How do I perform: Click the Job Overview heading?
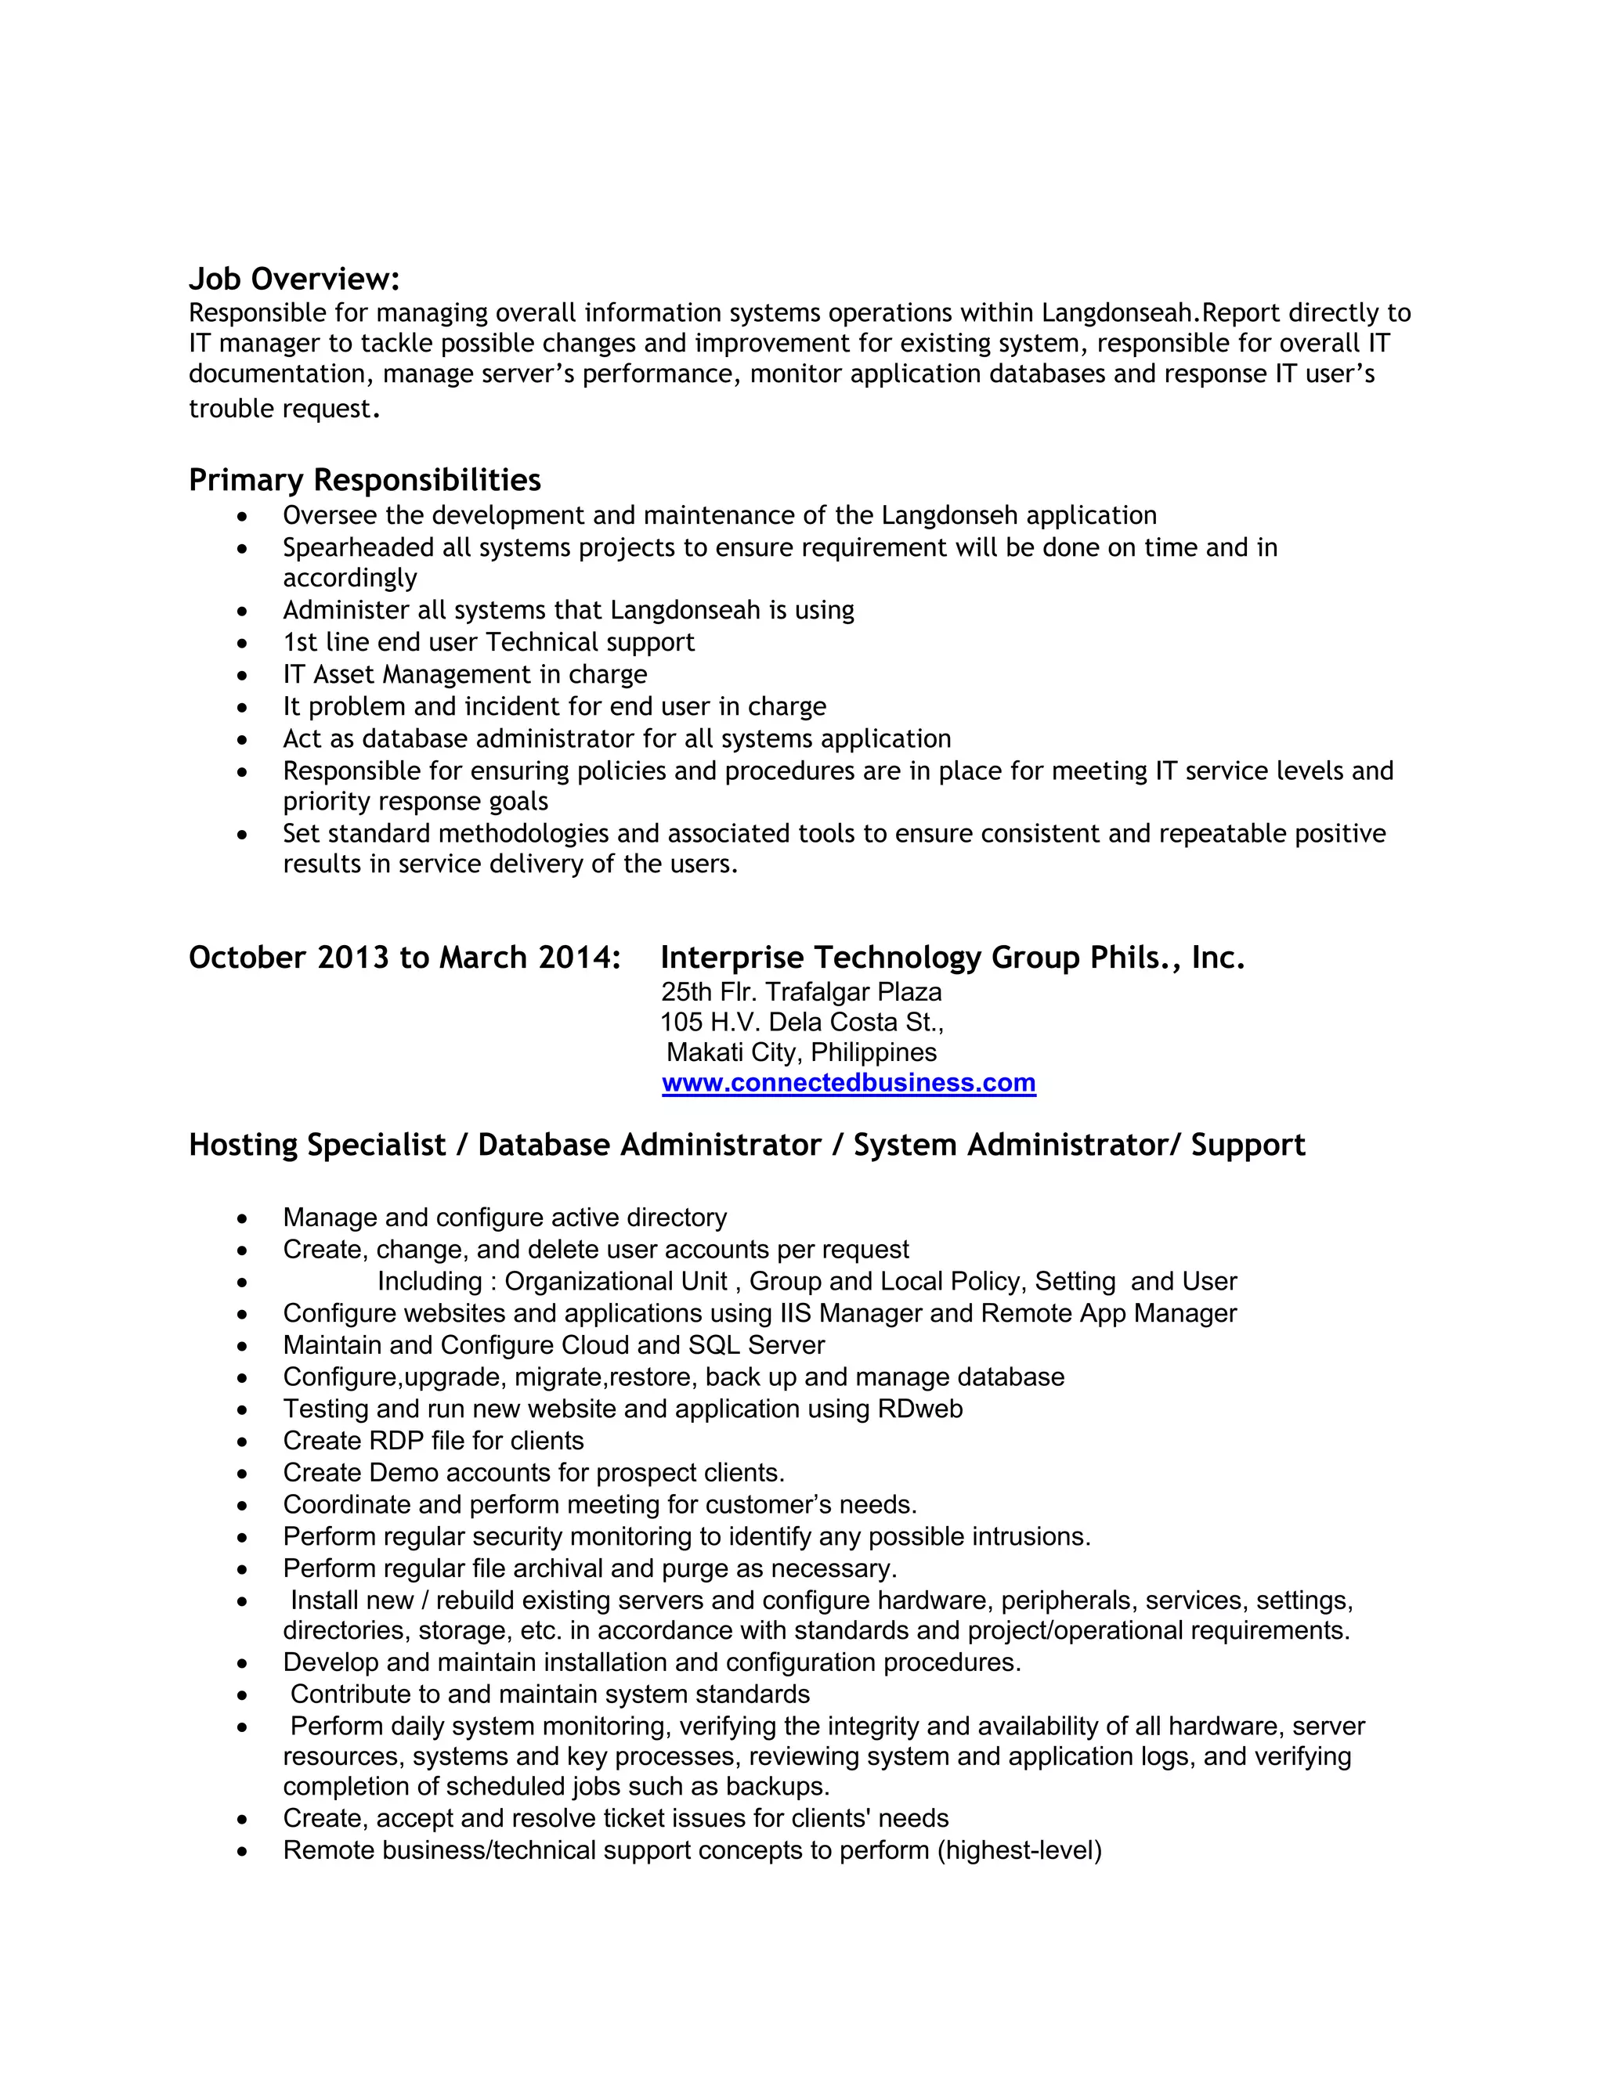click(x=294, y=280)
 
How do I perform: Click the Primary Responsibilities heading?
click(x=364, y=480)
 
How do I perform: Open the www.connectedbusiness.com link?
click(x=847, y=1083)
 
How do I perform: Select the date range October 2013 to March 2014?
click(x=405, y=958)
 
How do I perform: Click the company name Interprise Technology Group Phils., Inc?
click(x=952, y=958)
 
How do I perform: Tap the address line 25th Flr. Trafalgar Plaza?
click(x=801, y=992)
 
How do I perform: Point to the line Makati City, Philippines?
click(x=801, y=1052)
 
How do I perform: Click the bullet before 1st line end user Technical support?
click(x=244, y=643)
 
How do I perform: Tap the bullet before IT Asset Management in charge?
click(x=244, y=676)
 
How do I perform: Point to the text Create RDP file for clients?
click(x=433, y=1442)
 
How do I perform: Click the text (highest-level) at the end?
click(x=1019, y=1851)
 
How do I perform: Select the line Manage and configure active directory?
click(x=504, y=1218)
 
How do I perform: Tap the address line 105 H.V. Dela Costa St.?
click(x=801, y=1023)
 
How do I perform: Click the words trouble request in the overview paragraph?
click(x=280, y=410)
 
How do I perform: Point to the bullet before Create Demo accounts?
click(x=244, y=1474)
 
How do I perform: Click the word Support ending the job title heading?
click(x=1248, y=1145)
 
